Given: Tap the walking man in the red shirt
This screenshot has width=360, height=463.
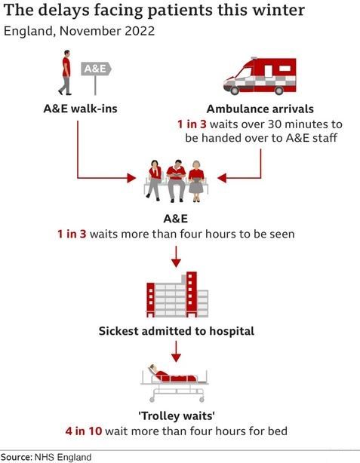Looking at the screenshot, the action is coord(66,72).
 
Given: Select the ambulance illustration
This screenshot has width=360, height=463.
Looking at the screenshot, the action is coord(260,76).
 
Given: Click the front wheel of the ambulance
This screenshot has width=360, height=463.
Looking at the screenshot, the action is coord(235,90).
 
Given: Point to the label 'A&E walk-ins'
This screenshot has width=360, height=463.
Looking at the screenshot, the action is coord(81,109).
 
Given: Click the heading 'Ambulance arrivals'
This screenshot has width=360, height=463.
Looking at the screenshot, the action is coord(260,109).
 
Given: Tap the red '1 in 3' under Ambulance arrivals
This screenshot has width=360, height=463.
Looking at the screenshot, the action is coord(192,124).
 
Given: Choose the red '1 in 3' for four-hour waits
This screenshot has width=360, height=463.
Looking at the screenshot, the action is coord(72,235).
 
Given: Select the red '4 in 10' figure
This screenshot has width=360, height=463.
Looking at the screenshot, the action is coord(84,431).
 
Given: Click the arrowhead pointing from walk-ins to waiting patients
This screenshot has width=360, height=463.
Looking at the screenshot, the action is coord(131,178).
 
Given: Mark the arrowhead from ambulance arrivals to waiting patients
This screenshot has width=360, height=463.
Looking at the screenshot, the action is coord(222,178).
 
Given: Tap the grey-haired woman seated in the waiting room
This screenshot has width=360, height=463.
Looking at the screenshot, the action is coord(195,181).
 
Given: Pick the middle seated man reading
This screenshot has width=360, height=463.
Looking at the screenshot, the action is coord(176,181).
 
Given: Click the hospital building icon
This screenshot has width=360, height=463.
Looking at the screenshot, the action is coord(177,294).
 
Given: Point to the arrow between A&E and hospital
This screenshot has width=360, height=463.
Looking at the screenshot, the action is coord(176,256).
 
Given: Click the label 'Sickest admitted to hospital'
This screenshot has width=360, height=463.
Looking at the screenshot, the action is coord(177,331).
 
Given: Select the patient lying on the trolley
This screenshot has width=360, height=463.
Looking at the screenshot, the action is coord(171,375).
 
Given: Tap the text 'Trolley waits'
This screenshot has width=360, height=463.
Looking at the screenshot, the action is coord(177,416).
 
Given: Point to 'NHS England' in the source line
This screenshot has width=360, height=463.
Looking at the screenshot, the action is coord(63,458).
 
